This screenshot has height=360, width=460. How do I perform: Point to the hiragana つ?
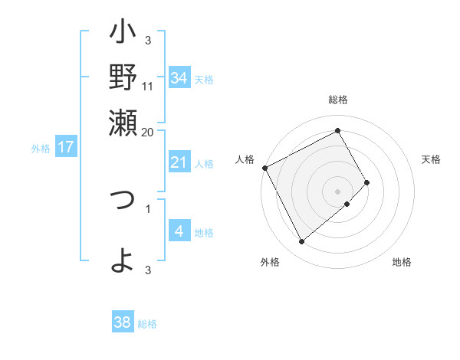[123, 201]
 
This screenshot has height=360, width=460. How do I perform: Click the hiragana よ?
[123, 260]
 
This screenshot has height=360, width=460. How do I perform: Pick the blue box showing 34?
[179, 78]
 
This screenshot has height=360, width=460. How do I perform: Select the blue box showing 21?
[179, 162]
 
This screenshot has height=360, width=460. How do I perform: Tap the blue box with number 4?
[179, 231]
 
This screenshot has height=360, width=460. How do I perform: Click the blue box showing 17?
[66, 147]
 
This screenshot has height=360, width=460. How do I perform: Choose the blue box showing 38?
[123, 322]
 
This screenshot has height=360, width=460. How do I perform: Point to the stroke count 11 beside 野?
[148, 85]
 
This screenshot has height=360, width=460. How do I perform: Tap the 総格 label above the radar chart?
[338, 100]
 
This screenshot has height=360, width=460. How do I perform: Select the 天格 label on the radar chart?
[432, 159]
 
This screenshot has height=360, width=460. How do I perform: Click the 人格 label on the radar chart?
[245, 159]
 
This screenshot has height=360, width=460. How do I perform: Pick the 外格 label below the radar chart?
[270, 262]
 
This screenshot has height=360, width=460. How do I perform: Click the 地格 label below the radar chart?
[402, 262]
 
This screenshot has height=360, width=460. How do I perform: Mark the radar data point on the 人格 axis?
[264, 167]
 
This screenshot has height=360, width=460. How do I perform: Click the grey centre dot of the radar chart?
[338, 191]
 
